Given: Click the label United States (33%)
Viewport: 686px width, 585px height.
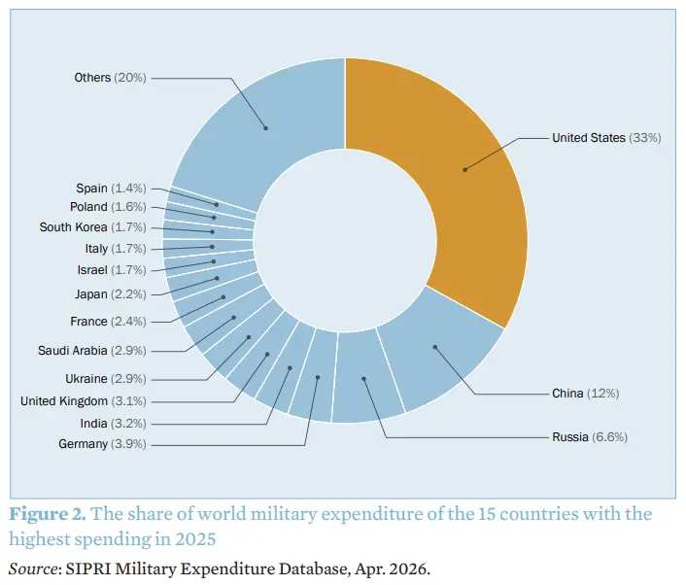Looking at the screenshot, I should click(x=606, y=138).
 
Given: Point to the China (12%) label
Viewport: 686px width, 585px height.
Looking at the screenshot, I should click(x=585, y=394).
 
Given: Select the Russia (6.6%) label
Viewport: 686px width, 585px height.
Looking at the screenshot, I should click(x=589, y=437).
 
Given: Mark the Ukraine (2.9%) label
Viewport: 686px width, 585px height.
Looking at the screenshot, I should click(x=106, y=378).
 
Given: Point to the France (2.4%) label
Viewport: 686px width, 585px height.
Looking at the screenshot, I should click(x=108, y=322).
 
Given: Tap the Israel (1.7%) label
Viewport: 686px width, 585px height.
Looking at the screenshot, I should click(x=112, y=270).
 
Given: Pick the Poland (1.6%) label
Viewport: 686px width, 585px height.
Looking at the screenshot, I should click(x=108, y=207).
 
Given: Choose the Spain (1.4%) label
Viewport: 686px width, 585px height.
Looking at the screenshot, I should click(x=111, y=188).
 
